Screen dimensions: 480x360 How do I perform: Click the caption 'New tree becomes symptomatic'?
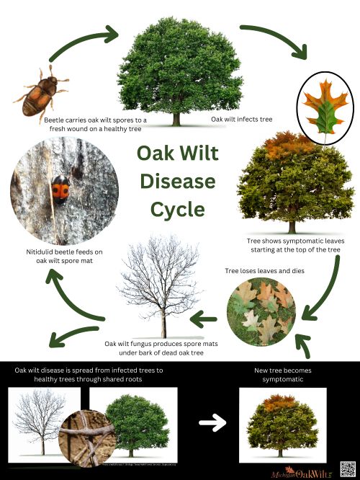point(282,375)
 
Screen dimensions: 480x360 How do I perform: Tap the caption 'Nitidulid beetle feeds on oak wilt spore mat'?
point(55,256)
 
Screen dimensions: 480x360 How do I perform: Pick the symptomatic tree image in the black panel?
point(282,422)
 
